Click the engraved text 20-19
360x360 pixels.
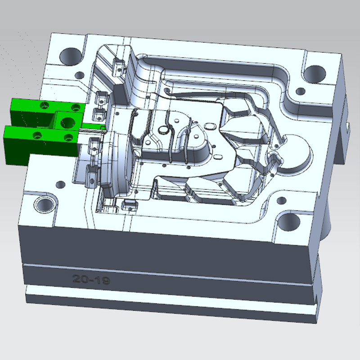click(x=91, y=279)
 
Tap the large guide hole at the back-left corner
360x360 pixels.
click(x=69, y=56)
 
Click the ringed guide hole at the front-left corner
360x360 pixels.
click(x=45, y=204)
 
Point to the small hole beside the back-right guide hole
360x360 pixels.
click(x=299, y=93)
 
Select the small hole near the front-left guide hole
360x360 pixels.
click(x=60, y=184)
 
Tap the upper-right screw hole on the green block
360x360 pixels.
click(x=75, y=107)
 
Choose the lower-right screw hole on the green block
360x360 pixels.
click(x=68, y=137)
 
